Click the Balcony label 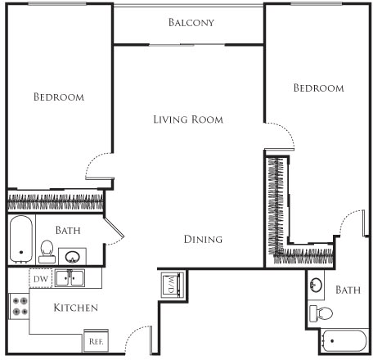coord(191,22)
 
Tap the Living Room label coord(188,119)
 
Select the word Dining coord(203,240)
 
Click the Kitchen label coord(76,308)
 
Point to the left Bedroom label coord(58,97)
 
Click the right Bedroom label coord(318,88)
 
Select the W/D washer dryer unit coord(171,285)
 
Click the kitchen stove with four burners coord(20,307)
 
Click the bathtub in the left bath coord(20,236)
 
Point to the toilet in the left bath coord(47,249)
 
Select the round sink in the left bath coord(73,255)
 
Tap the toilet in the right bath coord(321,313)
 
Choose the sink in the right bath coord(316,285)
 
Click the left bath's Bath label coord(68,232)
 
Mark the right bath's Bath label coord(348,290)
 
